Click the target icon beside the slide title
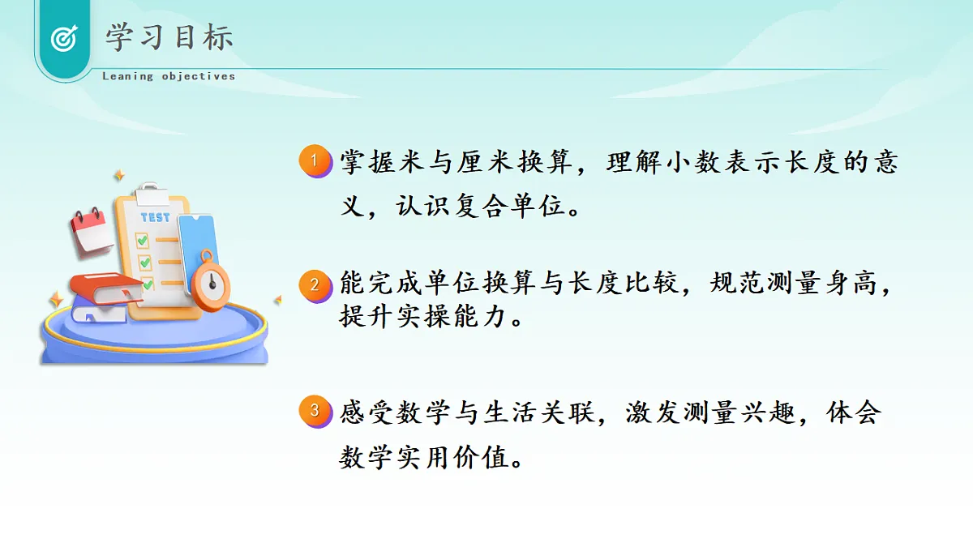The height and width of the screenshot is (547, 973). (x=63, y=38)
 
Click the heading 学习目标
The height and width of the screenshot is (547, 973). (x=169, y=37)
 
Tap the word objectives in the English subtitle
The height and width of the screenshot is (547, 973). (x=199, y=76)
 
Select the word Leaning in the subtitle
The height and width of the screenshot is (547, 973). (x=127, y=76)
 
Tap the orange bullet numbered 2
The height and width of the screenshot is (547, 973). (x=315, y=286)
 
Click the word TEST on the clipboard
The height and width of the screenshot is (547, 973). (x=155, y=217)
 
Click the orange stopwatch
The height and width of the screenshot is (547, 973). (x=212, y=283)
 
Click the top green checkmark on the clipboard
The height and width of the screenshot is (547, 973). (x=143, y=240)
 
